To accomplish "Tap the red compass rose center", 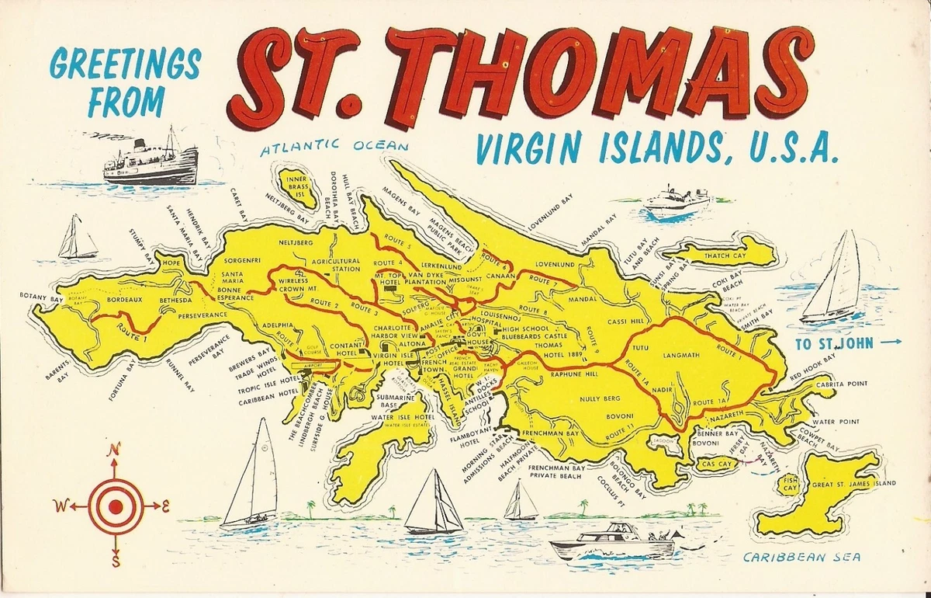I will (x=115, y=506).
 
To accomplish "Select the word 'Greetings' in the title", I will (x=126, y=65).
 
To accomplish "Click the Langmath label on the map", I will (x=681, y=355).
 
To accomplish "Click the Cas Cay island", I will (x=715, y=464).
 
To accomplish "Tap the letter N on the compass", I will (x=115, y=449).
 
